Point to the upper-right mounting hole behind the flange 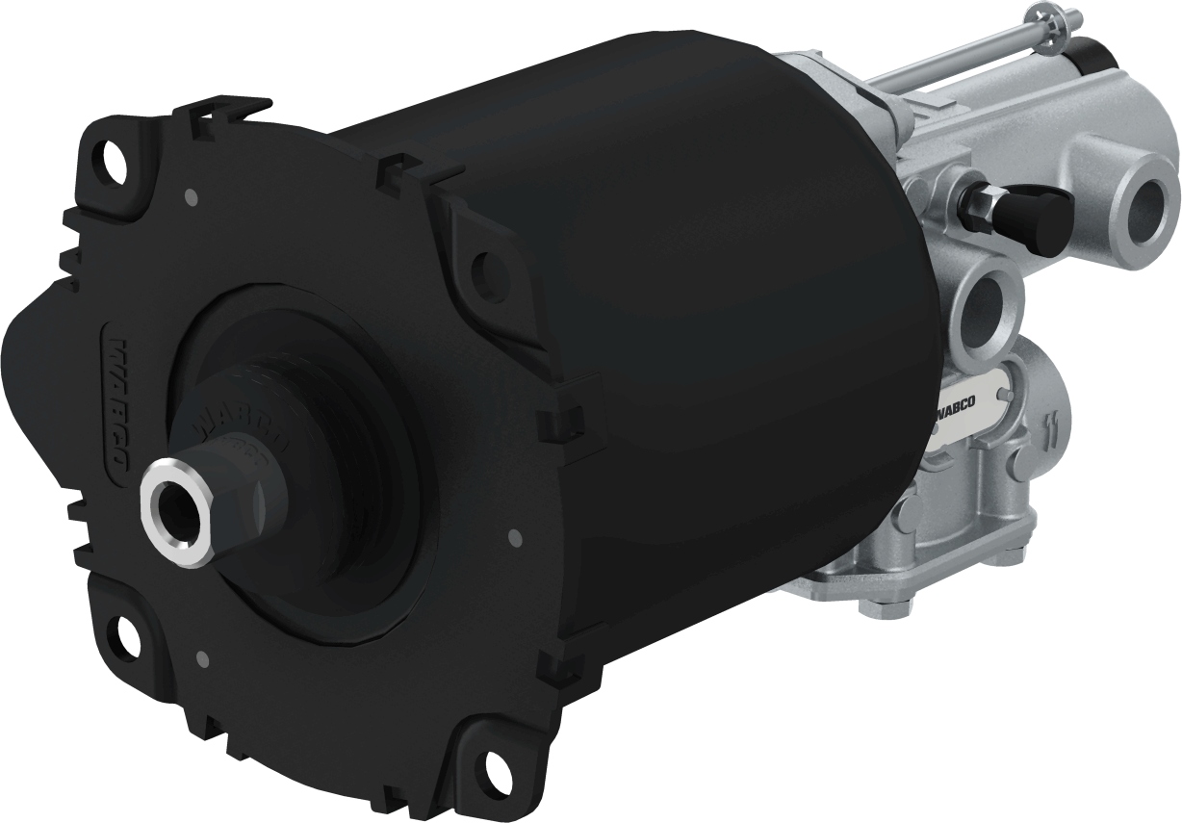point(490,264)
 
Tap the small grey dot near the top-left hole point(190,197)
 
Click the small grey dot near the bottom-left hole point(202,659)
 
